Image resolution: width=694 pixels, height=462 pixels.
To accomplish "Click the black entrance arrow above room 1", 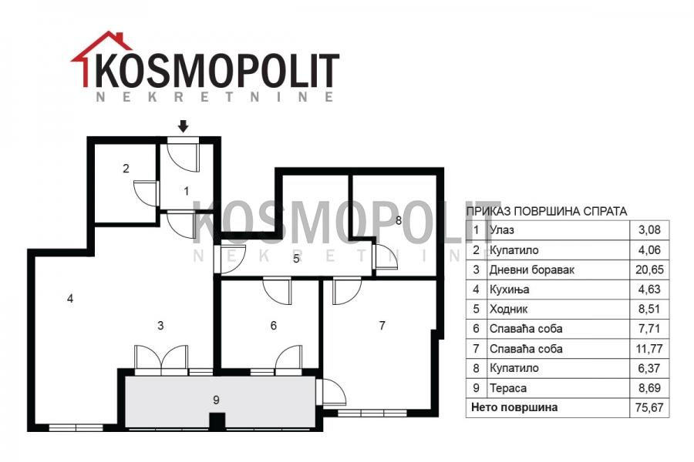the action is [184, 126].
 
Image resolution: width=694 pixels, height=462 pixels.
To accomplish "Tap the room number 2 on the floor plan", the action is [126, 169].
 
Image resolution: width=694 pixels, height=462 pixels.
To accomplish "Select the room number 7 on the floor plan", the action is [382, 326].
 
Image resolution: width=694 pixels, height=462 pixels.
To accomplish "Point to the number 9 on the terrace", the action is [216, 400].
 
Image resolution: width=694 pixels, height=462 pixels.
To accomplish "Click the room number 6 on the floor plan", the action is [273, 326].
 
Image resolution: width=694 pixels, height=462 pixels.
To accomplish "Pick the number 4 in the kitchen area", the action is [70, 299].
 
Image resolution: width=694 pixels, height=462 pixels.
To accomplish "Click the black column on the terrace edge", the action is [217, 421].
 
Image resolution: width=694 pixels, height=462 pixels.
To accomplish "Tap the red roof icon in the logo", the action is [102, 58].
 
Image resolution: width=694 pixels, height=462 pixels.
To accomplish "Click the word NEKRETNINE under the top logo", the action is [215, 96].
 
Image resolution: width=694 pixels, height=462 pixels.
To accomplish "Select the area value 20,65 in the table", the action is [649, 269].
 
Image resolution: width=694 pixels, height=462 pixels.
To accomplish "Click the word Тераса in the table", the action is [508, 388].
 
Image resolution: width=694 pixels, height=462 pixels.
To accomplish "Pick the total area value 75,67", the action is [649, 407].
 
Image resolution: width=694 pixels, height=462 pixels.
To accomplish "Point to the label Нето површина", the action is [514, 407].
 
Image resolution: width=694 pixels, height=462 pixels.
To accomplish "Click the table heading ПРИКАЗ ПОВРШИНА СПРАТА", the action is [547, 211].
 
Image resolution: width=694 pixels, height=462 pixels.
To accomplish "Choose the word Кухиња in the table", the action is [510, 290].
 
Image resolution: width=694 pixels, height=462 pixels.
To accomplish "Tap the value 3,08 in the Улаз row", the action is [649, 230].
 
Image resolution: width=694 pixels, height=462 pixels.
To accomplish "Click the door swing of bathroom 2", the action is [146, 193].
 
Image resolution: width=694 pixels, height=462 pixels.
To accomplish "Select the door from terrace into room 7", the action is [332, 392].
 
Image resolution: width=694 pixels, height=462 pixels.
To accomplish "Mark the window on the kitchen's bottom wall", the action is [76, 427].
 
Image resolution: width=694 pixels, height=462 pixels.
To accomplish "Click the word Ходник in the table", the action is [509, 309].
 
